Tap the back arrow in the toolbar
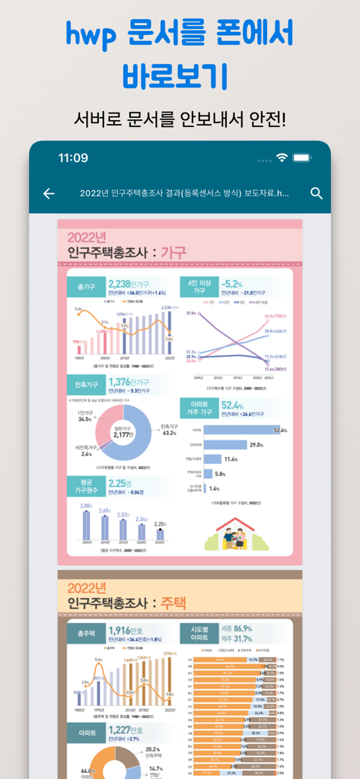coord(49,193)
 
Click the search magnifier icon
coord(317,193)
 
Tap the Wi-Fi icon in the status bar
coord(282,158)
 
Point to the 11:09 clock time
coord(73,158)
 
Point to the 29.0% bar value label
coord(256,445)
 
